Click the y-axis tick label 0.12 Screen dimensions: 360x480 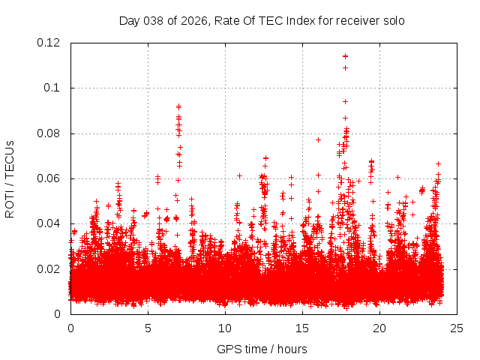point(49,43)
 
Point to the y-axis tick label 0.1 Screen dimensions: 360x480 point(54,88)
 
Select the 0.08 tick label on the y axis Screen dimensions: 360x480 point(49,133)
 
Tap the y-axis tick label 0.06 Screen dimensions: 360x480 point(49,178)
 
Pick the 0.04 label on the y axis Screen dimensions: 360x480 point(49,223)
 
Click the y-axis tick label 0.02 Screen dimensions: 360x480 point(49,268)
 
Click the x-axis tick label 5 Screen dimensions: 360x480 point(148,328)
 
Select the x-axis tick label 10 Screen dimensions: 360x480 point(225,328)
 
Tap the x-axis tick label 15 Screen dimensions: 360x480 point(302,328)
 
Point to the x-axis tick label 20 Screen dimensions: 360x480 point(379,328)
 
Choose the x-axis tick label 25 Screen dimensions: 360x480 point(457,328)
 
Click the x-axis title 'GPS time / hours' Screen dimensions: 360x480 point(262,349)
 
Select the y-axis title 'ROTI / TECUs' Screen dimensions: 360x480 point(10,178)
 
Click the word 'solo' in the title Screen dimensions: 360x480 point(393,21)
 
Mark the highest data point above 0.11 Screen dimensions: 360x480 point(345,56)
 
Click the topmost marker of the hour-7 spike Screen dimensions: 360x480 point(178,106)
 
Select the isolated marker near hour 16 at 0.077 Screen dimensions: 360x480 point(318,139)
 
